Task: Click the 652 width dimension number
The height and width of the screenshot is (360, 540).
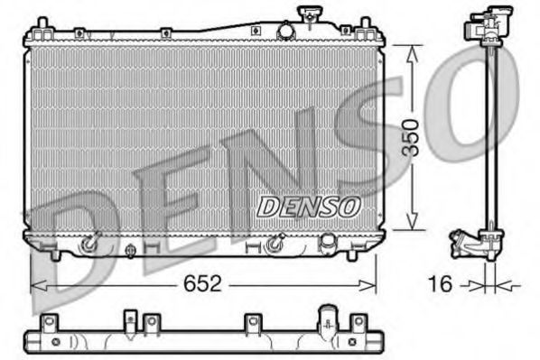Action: [203, 284]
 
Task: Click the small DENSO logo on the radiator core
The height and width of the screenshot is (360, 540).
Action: [308, 206]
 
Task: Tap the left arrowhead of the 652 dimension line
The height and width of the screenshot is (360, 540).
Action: [37, 285]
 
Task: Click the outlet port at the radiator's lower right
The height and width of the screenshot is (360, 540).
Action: [329, 241]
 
